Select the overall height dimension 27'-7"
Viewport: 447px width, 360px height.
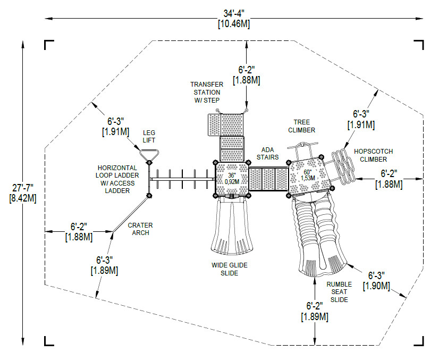[22, 187]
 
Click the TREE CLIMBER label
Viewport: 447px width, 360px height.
[301, 126]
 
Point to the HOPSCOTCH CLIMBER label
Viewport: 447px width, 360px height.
[370, 155]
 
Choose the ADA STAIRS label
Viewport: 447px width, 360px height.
[267, 153]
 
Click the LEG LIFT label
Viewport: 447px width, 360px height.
[149, 136]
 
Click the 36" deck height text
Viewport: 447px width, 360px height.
[232, 175]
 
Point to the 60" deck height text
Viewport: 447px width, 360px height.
[307, 173]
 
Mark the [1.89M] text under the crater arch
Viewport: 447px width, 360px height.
[104, 270]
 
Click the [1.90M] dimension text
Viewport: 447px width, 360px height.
[376, 286]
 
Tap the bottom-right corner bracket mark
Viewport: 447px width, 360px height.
[420, 341]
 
